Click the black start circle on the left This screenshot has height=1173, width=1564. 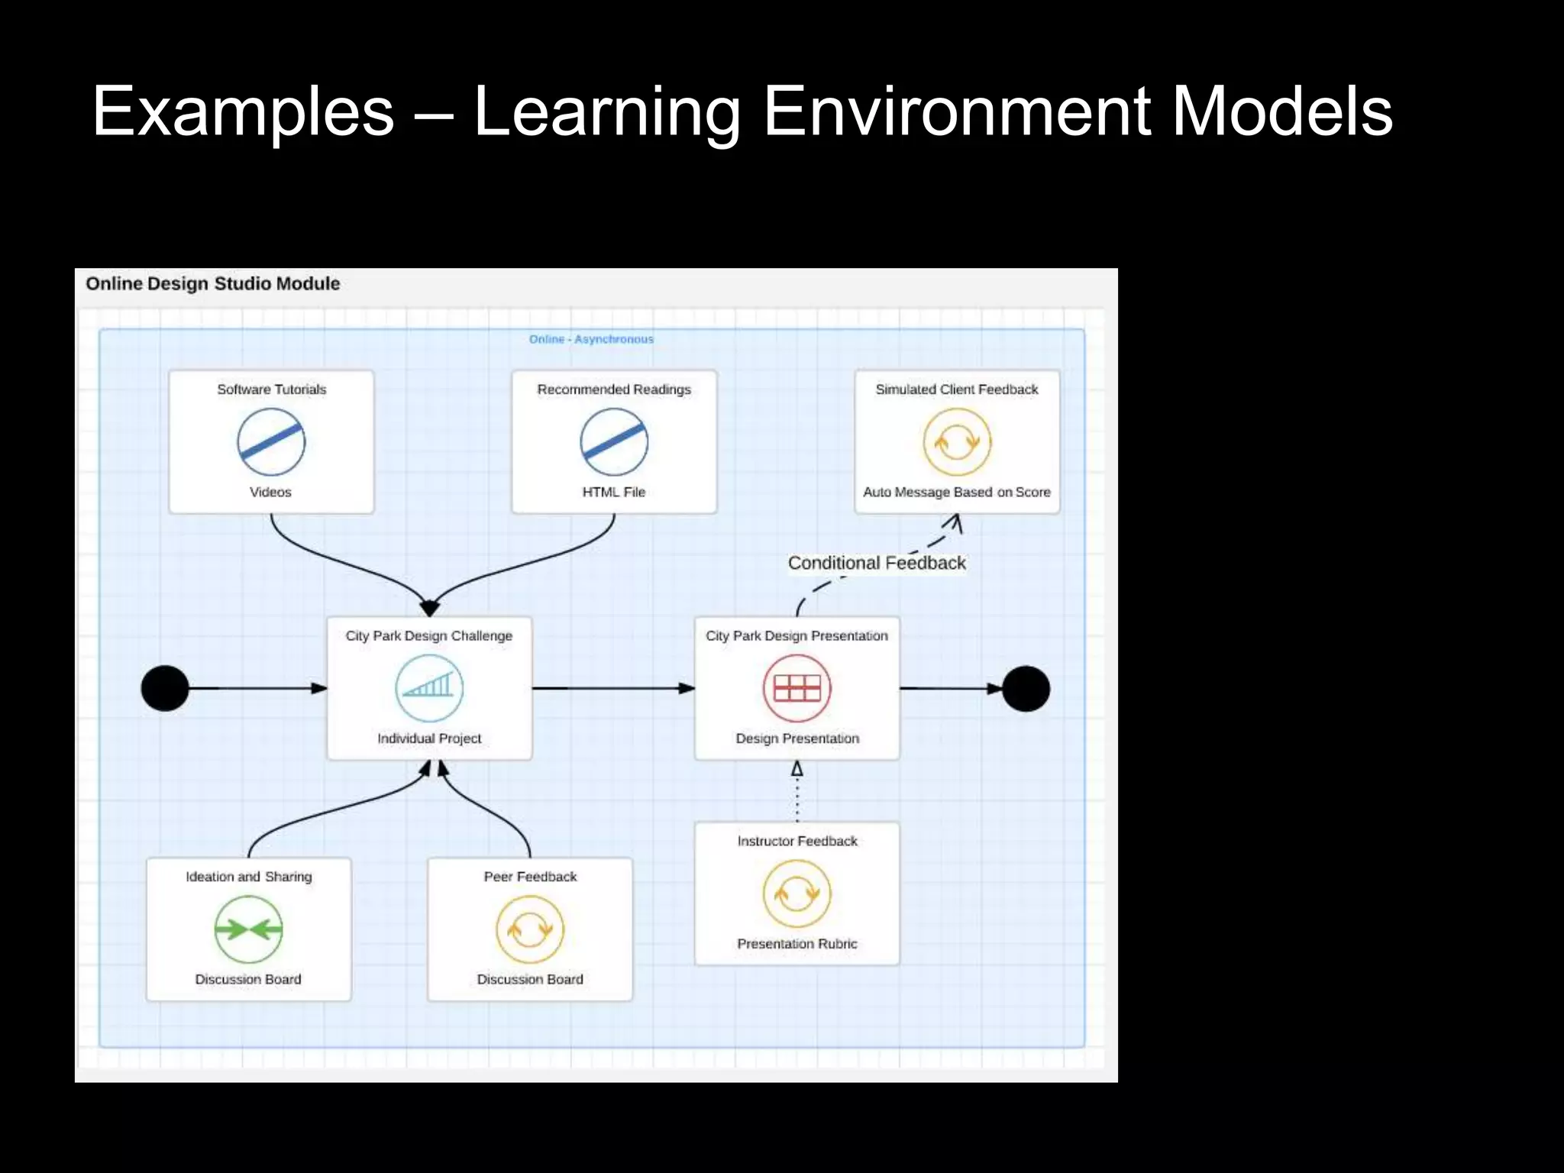pyautogui.click(x=165, y=688)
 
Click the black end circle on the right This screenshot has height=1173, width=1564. pyautogui.click(x=1026, y=689)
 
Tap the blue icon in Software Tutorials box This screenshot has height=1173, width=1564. pyautogui.click(x=271, y=441)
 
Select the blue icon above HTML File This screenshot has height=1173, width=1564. pyautogui.click(x=614, y=441)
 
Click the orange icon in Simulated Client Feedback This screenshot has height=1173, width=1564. pyautogui.click(x=957, y=441)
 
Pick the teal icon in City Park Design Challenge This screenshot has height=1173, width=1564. pyautogui.click(x=429, y=688)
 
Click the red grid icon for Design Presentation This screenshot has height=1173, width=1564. pyautogui.click(x=797, y=688)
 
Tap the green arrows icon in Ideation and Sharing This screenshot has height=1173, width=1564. pyautogui.click(x=248, y=929)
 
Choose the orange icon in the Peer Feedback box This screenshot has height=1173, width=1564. pyautogui.click(x=530, y=929)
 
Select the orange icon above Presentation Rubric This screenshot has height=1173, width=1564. pyautogui.click(x=797, y=893)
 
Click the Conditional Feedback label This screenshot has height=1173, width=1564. pyautogui.click(x=877, y=563)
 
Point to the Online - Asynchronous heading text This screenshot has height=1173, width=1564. pyautogui.click(x=591, y=339)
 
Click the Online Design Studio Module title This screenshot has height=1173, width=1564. pyautogui.click(x=212, y=283)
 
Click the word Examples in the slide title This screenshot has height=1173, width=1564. pyautogui.click(x=243, y=112)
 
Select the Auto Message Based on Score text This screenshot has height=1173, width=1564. pyautogui.click(x=957, y=493)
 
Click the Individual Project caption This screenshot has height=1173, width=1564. pyautogui.click(x=429, y=738)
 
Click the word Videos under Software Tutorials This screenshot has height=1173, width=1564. pyautogui.click(x=270, y=493)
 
